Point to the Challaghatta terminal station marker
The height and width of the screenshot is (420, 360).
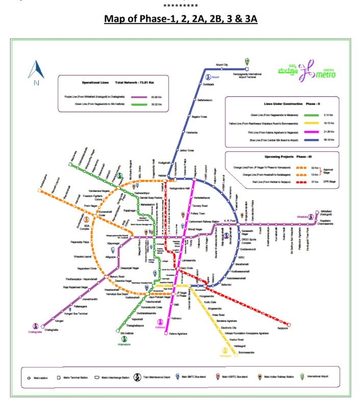tap(43, 324)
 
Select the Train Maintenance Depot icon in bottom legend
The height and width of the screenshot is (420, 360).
tap(138, 377)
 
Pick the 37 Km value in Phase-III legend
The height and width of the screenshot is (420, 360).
tap(313, 181)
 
